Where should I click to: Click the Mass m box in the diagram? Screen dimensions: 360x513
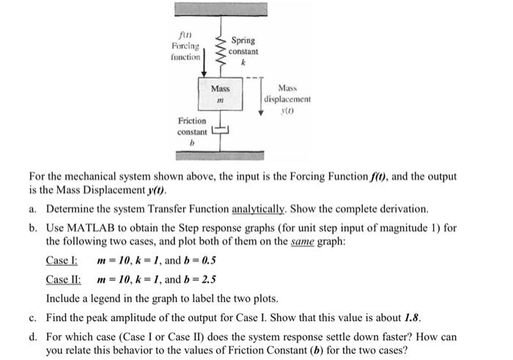220,94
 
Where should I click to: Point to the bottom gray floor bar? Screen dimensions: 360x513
220,155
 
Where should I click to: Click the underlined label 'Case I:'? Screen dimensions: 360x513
61,260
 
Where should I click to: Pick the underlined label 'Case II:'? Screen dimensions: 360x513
63,279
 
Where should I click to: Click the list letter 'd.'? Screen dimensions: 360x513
34,337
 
